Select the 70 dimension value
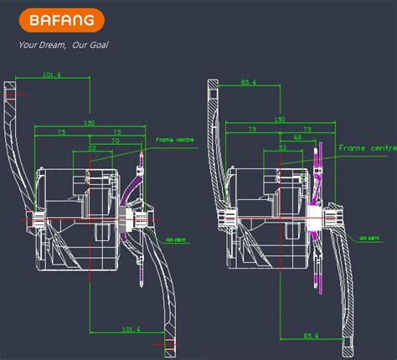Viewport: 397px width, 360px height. point(116,142)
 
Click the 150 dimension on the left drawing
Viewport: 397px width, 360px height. point(90,122)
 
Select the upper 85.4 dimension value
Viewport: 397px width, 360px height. point(248,82)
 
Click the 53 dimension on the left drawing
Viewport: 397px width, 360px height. point(93,149)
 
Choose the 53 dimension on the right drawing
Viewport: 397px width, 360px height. point(282,147)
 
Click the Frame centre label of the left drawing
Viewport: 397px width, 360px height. point(175,139)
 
